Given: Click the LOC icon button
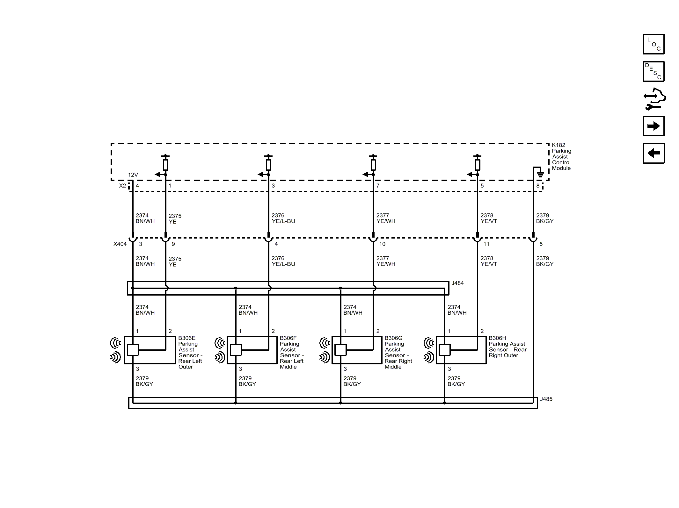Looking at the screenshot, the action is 653,44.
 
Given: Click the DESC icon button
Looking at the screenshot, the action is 653,71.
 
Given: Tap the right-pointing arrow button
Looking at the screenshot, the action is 653,126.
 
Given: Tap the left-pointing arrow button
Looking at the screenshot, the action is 653,154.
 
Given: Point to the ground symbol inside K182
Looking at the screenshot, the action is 540,174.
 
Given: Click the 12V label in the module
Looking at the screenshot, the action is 133,175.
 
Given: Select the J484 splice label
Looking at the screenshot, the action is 457,283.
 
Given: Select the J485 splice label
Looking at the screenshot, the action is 546,399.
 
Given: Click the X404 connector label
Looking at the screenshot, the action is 120,244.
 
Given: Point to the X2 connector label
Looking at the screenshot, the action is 122,186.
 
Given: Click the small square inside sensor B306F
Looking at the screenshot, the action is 236,350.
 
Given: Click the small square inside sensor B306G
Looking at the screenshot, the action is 340,350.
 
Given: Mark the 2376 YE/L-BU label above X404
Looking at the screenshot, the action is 283,218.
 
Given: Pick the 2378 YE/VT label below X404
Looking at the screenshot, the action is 489,261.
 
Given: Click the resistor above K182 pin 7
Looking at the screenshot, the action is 373,165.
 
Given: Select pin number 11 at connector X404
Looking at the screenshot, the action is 486,244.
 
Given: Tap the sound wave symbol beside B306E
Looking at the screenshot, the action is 116,350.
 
